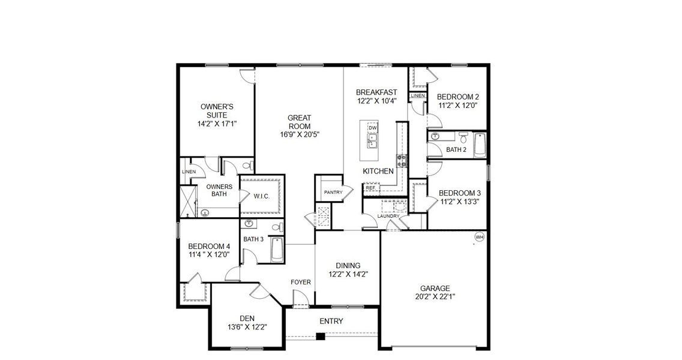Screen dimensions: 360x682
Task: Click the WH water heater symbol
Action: click(479, 236)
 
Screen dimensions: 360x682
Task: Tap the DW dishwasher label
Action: click(372, 128)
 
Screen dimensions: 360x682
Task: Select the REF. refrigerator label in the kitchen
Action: click(370, 188)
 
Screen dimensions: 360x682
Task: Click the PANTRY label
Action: click(333, 192)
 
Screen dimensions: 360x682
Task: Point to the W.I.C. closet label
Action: click(261, 196)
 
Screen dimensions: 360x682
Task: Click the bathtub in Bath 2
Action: click(479, 145)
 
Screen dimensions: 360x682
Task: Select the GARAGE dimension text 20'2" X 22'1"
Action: click(435, 296)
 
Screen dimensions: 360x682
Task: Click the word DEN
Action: click(247, 318)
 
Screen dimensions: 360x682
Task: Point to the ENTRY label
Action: click(331, 322)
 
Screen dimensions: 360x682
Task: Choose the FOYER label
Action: click(300, 282)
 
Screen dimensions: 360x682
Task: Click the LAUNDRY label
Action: click(388, 216)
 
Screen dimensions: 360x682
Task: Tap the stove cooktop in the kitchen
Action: click(400, 161)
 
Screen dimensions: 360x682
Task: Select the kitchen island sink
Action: click(372, 141)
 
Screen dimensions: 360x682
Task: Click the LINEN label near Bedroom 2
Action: click(418, 96)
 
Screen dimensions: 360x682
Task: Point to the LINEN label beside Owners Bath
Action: click(188, 172)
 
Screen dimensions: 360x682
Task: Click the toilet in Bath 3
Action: click(277, 228)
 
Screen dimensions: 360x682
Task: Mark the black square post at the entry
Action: click(321, 336)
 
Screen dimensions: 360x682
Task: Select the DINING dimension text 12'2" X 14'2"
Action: click(348, 274)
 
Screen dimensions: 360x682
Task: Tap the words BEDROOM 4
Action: click(209, 246)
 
